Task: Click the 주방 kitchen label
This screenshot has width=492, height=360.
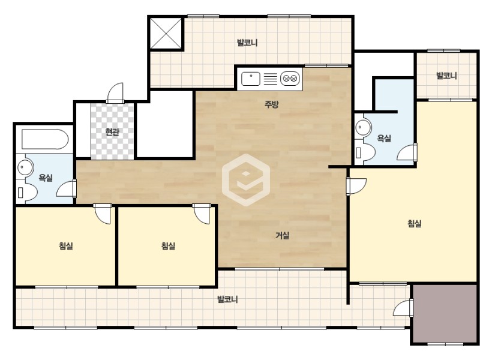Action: pos(271,104)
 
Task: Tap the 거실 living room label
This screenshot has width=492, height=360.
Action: pos(283,235)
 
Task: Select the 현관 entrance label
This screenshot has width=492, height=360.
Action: pos(112,132)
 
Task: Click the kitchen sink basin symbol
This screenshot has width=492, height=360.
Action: pos(251,79)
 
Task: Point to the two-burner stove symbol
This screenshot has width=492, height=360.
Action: pos(290,79)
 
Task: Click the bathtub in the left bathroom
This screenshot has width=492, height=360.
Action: pos(45,139)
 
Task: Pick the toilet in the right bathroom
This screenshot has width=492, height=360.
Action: pos(365,153)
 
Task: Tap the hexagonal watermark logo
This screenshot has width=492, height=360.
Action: pos(246,180)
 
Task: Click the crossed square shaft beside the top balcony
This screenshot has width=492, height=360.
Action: pos(166,34)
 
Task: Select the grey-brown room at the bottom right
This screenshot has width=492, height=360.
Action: pos(445,314)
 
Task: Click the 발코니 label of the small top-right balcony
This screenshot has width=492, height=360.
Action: pos(446,76)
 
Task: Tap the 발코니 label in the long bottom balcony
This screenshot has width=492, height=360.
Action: pos(228,299)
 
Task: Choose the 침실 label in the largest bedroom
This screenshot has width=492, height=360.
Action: pos(414,223)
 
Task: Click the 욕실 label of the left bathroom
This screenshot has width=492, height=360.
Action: pos(46,178)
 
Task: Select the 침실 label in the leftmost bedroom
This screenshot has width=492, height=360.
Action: pos(66,246)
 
